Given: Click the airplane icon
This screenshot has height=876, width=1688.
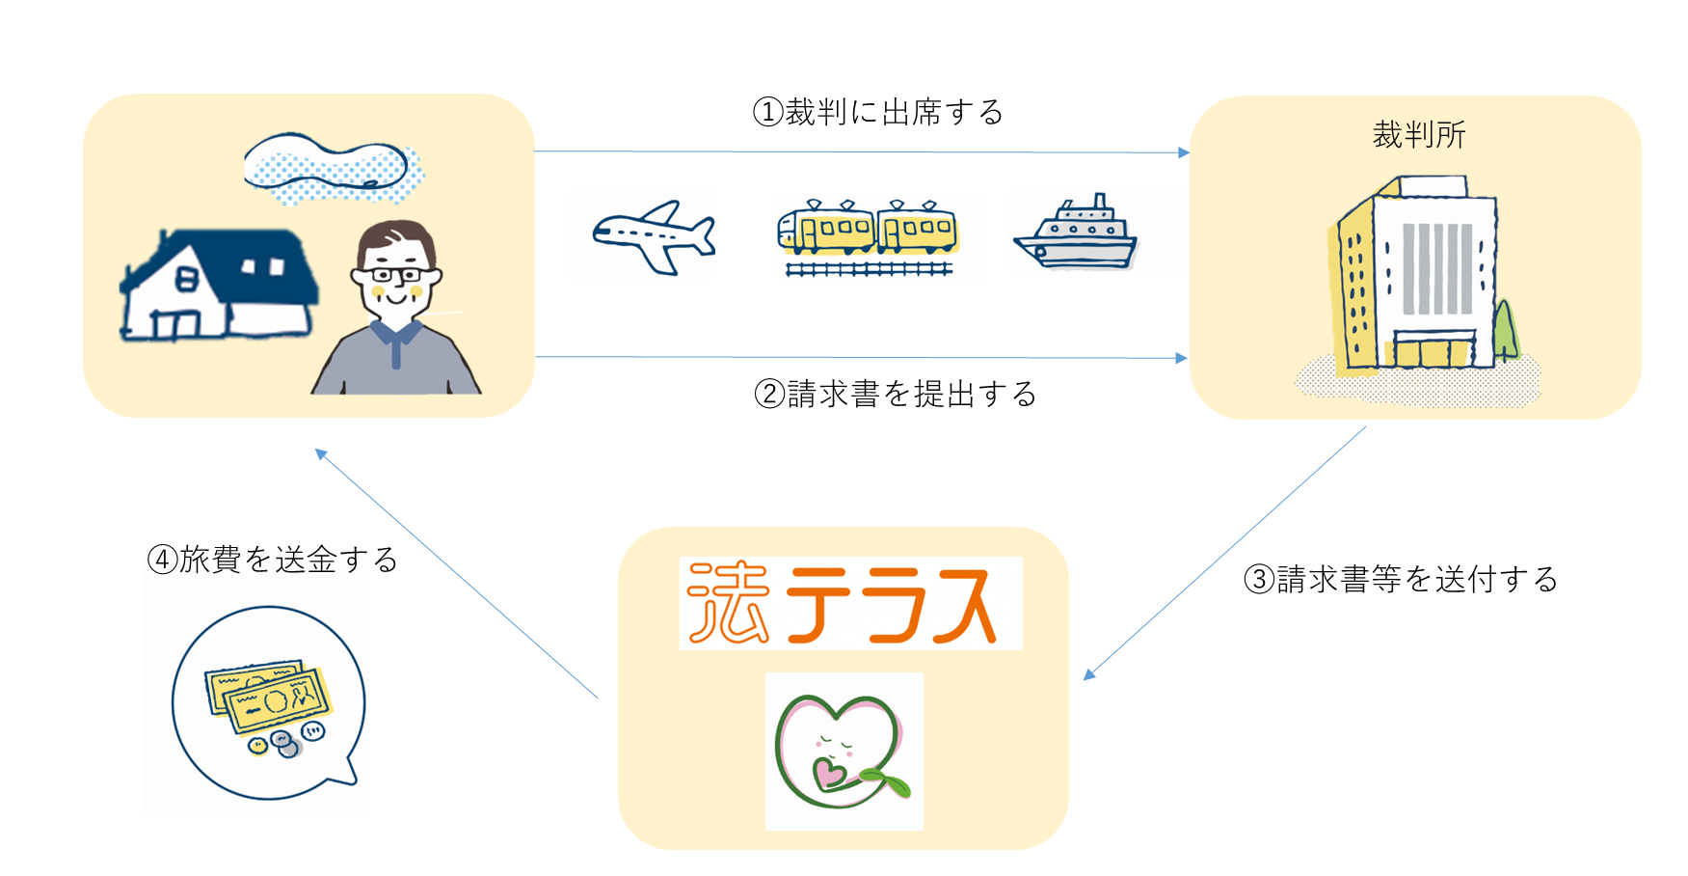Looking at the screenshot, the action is (x=654, y=236).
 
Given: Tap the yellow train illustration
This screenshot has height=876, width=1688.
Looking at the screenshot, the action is (x=867, y=237).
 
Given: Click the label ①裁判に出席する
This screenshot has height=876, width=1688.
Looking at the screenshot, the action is (x=877, y=113).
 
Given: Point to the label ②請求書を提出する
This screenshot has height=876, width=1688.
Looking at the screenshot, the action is (x=895, y=395).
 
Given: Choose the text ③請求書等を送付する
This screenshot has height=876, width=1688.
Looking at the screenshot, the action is (x=1400, y=580).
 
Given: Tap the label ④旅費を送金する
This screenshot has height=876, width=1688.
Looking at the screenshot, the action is (x=272, y=560).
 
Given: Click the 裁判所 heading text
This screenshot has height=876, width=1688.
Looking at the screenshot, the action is (x=1419, y=135).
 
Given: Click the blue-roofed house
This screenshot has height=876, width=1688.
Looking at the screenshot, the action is (x=219, y=285).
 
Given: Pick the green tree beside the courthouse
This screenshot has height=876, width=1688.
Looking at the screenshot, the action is (x=1505, y=330).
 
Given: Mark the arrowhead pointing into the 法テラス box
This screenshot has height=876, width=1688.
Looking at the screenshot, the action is (x=1089, y=673).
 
